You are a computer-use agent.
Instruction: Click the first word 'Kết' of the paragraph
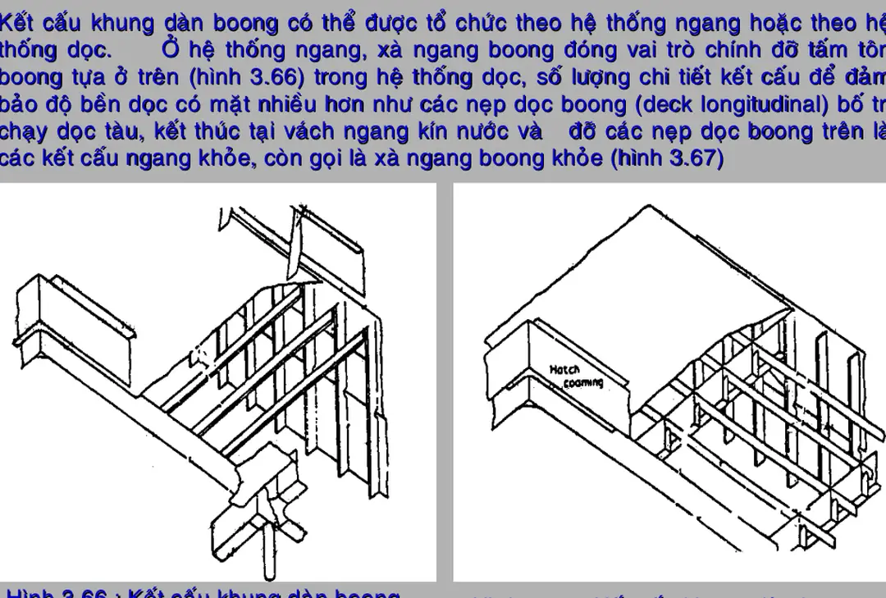(x=19, y=23)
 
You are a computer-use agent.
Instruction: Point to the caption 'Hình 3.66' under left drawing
(x=57, y=593)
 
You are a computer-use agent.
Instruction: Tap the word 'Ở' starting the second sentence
(x=170, y=50)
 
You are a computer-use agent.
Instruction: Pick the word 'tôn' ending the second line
(x=868, y=50)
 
